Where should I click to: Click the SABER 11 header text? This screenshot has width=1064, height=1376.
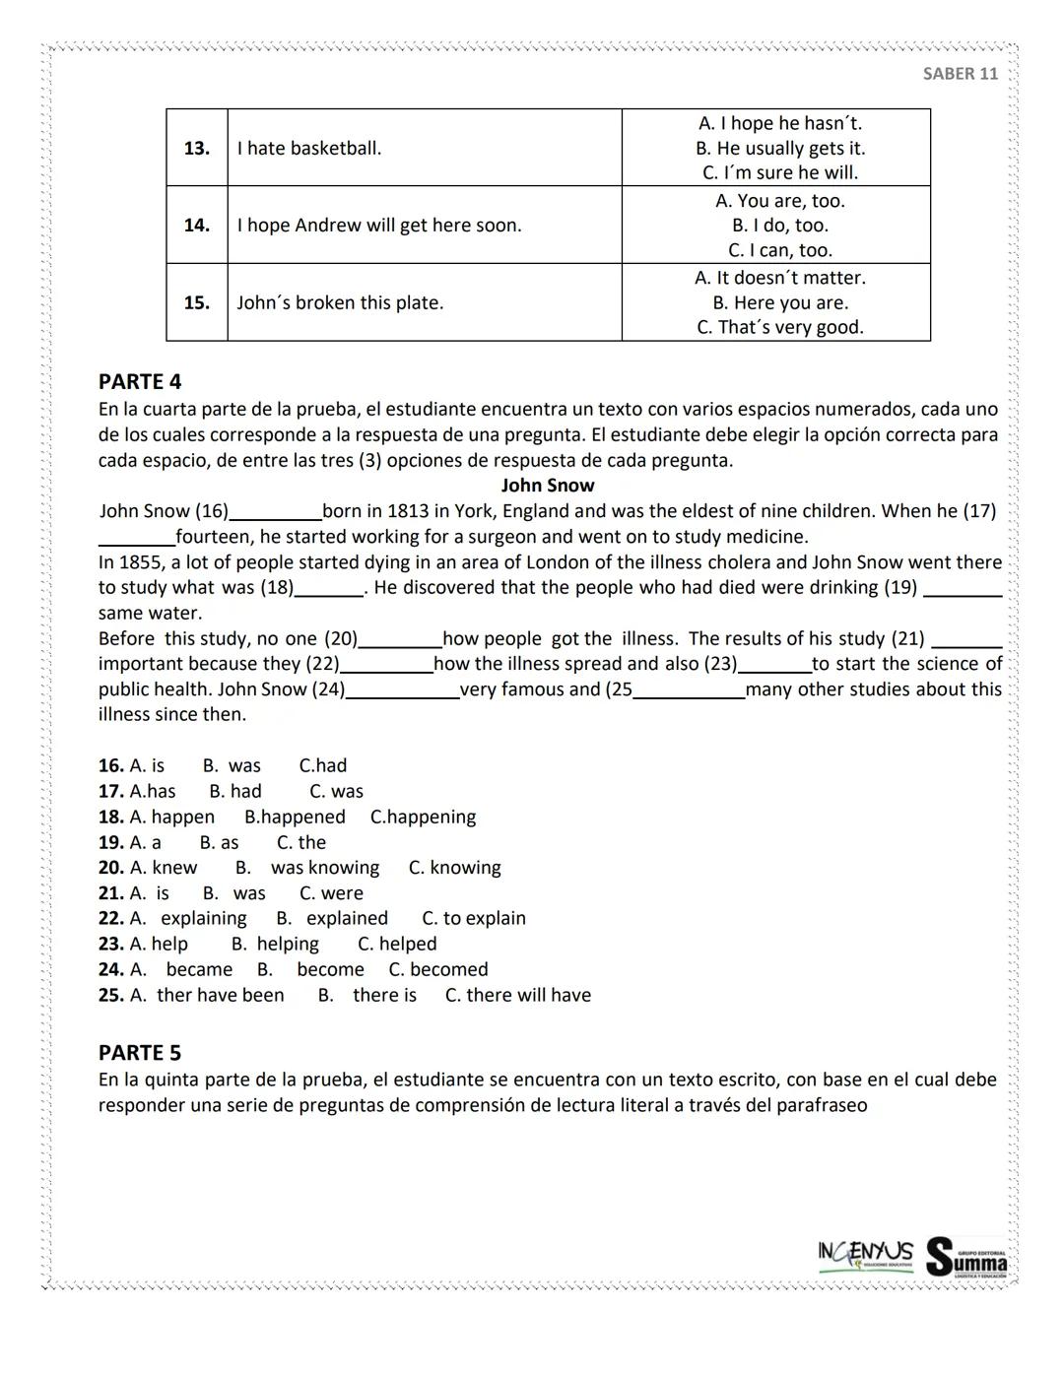coord(960,74)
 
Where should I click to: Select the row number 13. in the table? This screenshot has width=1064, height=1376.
coord(197,148)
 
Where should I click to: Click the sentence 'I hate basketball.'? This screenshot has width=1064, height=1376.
coord(309,148)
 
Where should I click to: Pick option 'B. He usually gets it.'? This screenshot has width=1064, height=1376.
coord(779,148)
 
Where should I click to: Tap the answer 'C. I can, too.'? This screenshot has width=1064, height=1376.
coord(779,250)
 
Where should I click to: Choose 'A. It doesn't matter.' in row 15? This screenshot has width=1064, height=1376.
coord(779,278)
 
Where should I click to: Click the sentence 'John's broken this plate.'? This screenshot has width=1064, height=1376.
coord(340,302)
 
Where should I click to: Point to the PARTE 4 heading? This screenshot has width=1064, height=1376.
coord(140,381)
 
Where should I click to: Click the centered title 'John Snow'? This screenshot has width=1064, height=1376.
coord(547,485)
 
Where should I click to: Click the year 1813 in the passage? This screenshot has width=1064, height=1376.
coord(408,510)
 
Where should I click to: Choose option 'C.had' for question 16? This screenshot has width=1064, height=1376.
coord(323,765)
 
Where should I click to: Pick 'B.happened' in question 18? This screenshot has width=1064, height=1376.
coord(295,817)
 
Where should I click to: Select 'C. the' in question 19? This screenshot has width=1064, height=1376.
coord(300,842)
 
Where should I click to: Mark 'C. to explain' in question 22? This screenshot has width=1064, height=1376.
coord(474,918)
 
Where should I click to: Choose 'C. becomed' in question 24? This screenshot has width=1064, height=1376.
coord(438,969)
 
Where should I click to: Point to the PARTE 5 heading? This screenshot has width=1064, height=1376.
coord(140,1052)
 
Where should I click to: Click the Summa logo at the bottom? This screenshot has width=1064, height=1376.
coord(967,1257)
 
